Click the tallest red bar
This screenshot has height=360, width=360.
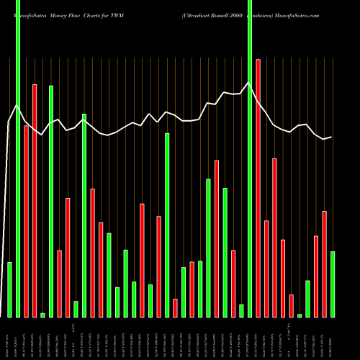[x=258, y=187]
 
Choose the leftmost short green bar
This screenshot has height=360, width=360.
[x=9, y=289]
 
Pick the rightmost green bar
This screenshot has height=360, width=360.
[x=333, y=284]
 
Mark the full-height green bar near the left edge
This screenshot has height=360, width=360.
[x=18, y=158]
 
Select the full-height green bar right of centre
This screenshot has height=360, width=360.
[x=250, y=158]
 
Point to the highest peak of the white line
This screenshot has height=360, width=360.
[x=249, y=82]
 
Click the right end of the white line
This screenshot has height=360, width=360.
[x=331, y=137]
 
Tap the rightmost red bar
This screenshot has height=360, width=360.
[x=325, y=264]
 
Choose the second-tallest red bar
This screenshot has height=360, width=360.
[x=35, y=200]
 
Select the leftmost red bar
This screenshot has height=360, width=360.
[x=27, y=221]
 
